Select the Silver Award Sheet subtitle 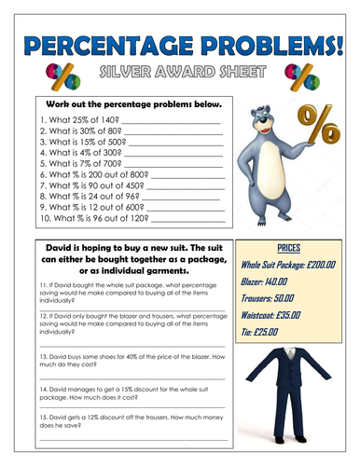180,75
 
